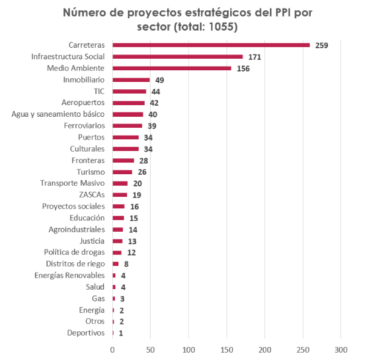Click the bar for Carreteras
(x=211, y=45)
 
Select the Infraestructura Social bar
(x=177, y=56)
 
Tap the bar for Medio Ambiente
(x=172, y=68)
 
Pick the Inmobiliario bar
(x=131, y=79)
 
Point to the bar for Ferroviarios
(x=127, y=125)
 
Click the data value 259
(x=322, y=45)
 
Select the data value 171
(x=255, y=57)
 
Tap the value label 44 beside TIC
(x=156, y=91)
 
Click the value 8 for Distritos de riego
(x=126, y=264)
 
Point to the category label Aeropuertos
(x=84, y=102)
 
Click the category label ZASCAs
(x=92, y=194)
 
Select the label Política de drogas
(x=74, y=252)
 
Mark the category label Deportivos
(x=86, y=332)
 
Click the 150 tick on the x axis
(x=227, y=349)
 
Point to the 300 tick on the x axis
(x=341, y=349)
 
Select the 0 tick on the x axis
(x=112, y=349)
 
